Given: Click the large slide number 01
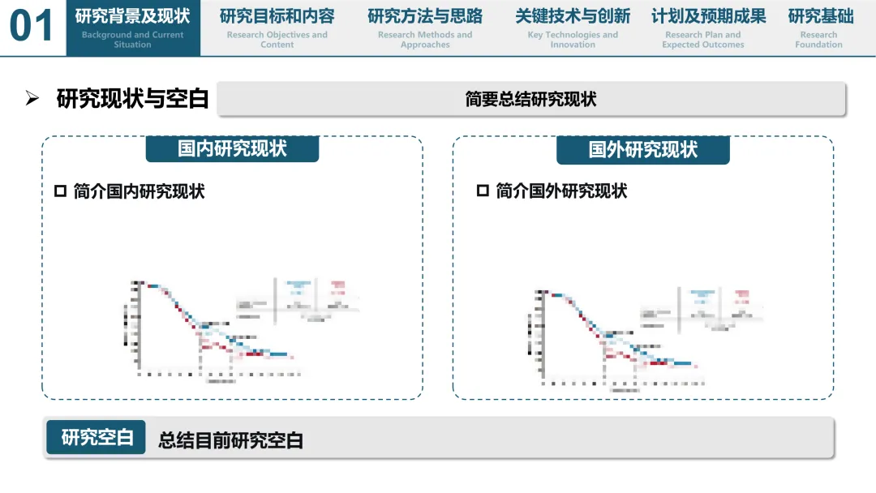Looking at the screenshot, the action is [32, 27].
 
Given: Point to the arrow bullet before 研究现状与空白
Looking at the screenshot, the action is [32, 99].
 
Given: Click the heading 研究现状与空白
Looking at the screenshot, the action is [132, 99].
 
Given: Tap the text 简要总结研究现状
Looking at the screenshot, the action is [531, 99].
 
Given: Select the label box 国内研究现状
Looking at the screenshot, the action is [232, 149].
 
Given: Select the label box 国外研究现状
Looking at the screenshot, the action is [643, 149].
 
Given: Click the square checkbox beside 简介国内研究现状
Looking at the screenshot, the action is [60, 191].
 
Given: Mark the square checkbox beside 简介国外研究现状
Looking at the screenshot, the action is [483, 191].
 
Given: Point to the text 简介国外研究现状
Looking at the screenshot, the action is [561, 191].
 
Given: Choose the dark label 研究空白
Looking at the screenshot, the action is [97, 437].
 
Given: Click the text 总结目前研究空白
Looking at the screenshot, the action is [230, 440].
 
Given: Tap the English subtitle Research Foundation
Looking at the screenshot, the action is [818, 40].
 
